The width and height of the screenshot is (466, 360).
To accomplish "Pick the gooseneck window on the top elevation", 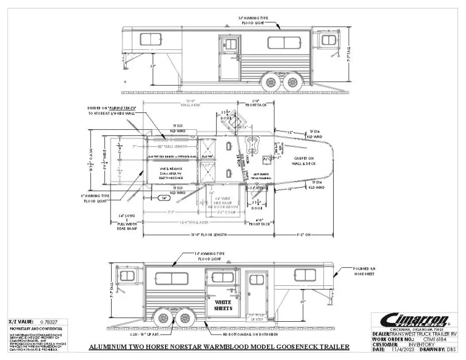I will [x=328, y=40].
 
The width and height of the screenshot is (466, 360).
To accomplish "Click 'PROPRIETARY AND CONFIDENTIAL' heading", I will [x=35, y=330].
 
